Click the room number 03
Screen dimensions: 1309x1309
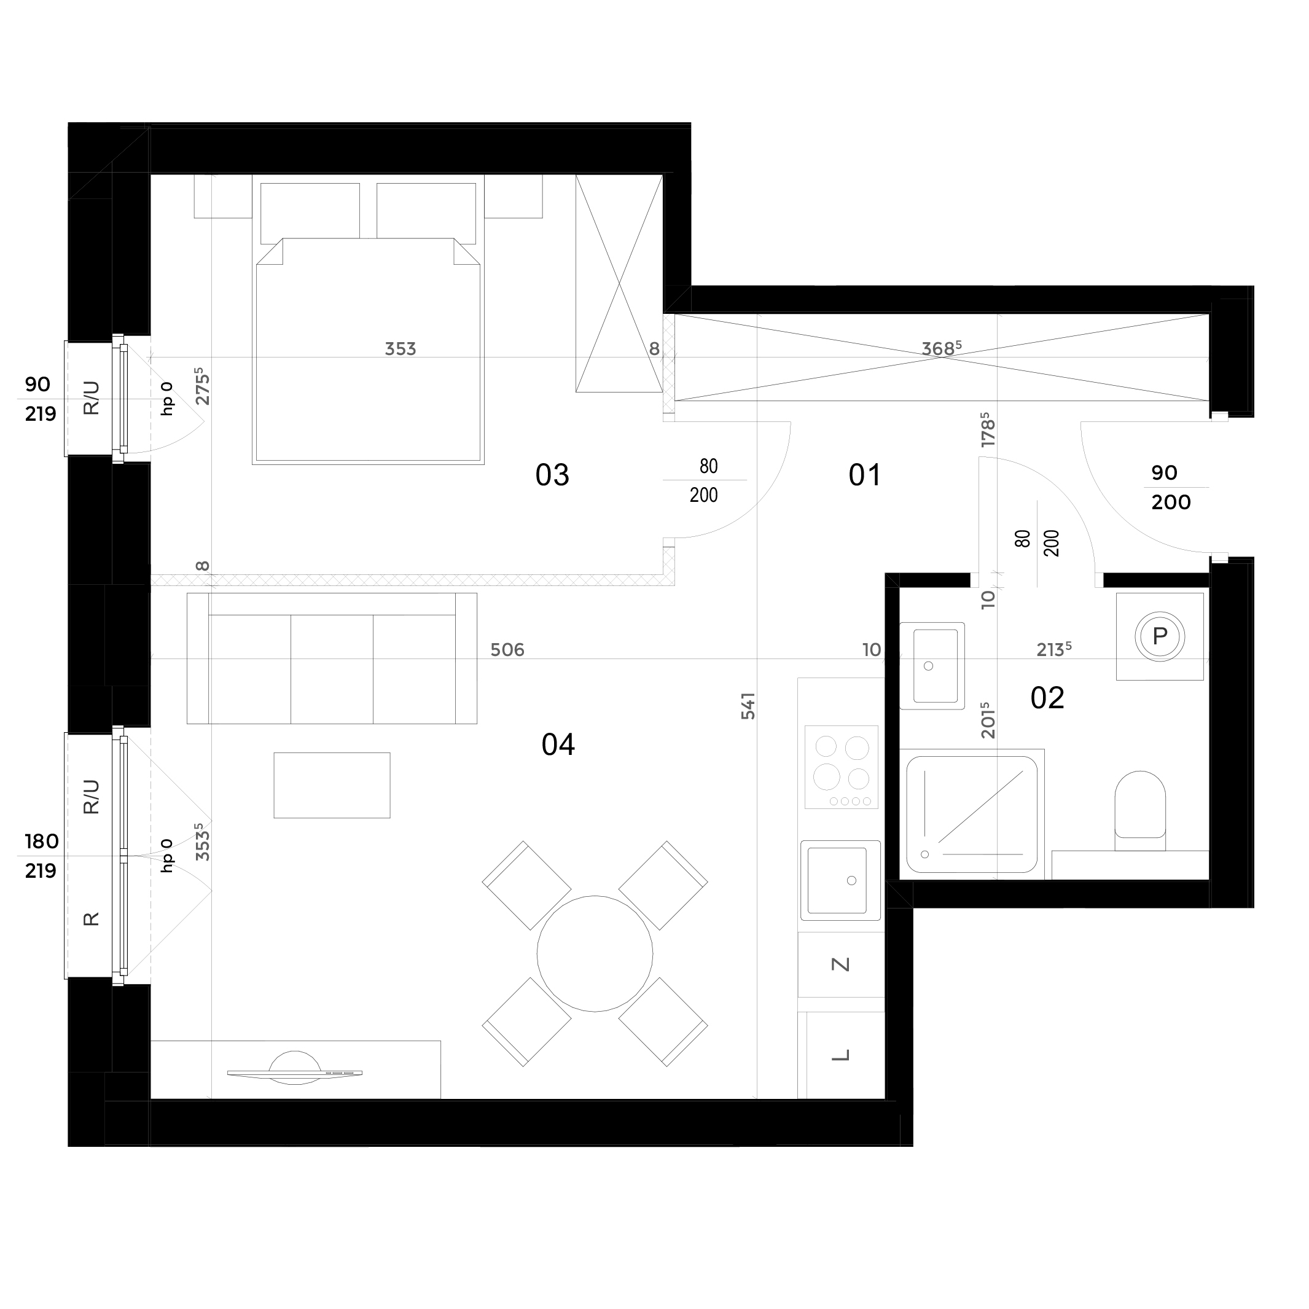[552, 475]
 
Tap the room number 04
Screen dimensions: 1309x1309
[558, 744]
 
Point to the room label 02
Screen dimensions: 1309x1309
[1047, 698]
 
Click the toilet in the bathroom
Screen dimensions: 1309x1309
[1139, 810]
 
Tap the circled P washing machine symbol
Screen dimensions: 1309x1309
[1160, 636]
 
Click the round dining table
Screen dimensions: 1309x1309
[595, 954]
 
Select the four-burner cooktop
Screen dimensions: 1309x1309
[842, 767]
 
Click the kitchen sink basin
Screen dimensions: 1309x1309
[840, 880]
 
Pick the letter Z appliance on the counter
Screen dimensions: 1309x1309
[840, 964]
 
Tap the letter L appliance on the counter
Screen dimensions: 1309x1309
[840, 1055]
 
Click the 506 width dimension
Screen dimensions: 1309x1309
[507, 650]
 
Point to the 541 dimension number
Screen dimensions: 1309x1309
[748, 705]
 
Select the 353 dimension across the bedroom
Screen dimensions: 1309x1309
[400, 349]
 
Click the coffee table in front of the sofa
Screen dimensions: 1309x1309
[332, 785]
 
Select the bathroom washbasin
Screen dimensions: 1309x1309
[932, 665]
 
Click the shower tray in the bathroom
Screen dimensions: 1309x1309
[972, 815]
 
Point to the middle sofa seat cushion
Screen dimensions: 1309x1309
[332, 669]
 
